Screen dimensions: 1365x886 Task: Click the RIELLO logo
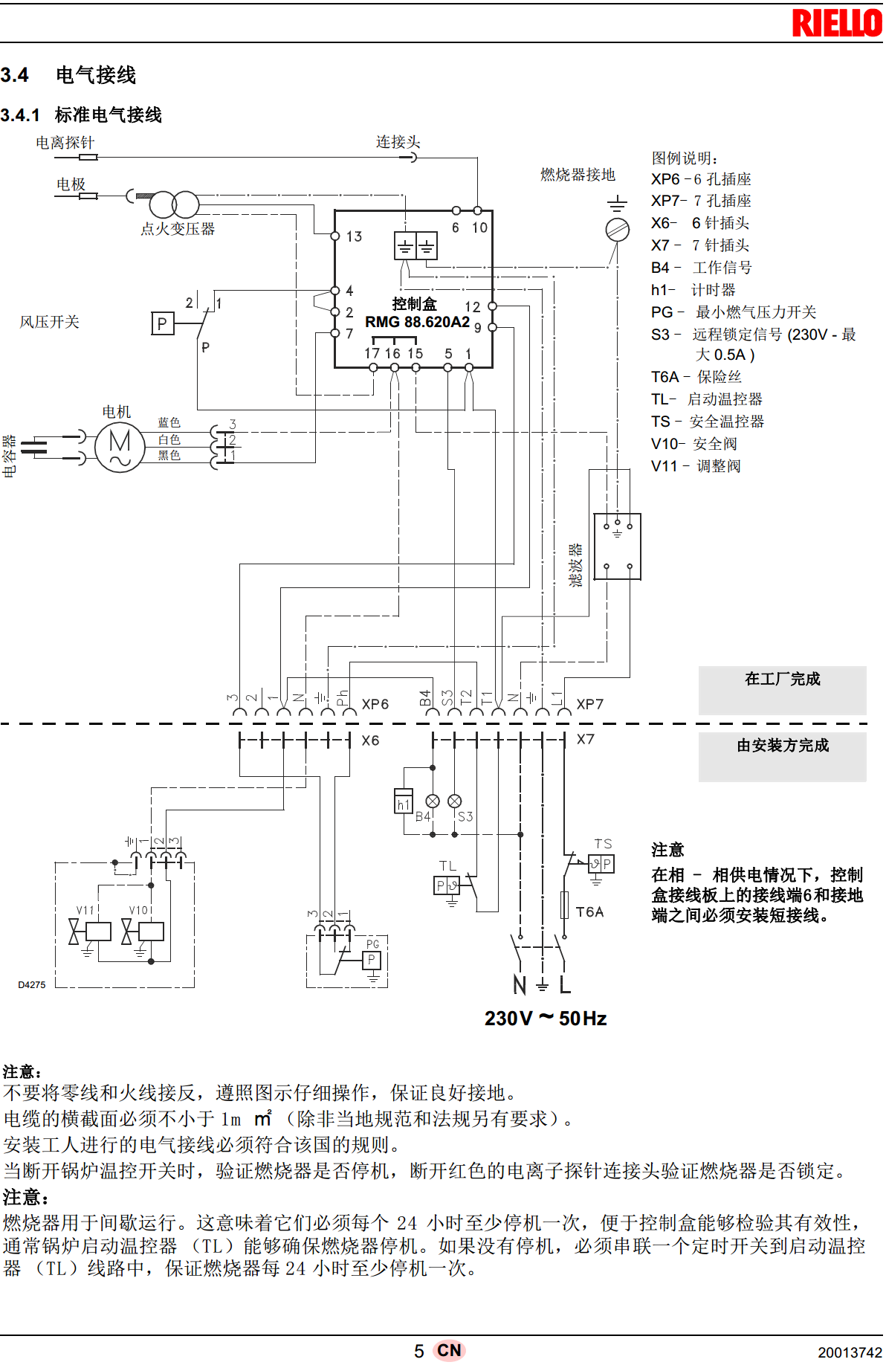pos(837,23)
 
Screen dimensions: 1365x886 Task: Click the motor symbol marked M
pos(120,447)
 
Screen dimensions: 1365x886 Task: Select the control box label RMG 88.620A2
pos(417,322)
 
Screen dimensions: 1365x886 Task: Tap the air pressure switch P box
pos(163,324)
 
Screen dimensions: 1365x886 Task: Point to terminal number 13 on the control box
pos(354,236)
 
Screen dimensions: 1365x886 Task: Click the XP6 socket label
pos(375,704)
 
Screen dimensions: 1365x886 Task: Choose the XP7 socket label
pos(589,704)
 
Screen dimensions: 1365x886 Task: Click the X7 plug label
pos(585,740)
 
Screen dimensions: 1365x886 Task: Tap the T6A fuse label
pos(589,912)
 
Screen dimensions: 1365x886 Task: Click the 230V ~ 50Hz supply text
pos(545,1019)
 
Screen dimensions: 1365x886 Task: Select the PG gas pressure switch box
pos(372,960)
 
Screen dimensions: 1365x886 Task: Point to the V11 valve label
pos(85,911)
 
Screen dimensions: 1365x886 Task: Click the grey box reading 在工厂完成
pos(782,689)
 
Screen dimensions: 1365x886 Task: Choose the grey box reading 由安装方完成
pos(782,756)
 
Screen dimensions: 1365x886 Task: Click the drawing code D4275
pos(32,985)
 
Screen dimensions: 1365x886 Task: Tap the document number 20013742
pos(850,1352)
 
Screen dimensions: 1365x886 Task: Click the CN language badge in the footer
pos(449,1350)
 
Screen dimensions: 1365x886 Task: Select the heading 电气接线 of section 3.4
pos(96,75)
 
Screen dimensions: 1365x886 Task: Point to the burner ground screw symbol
pos(617,230)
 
